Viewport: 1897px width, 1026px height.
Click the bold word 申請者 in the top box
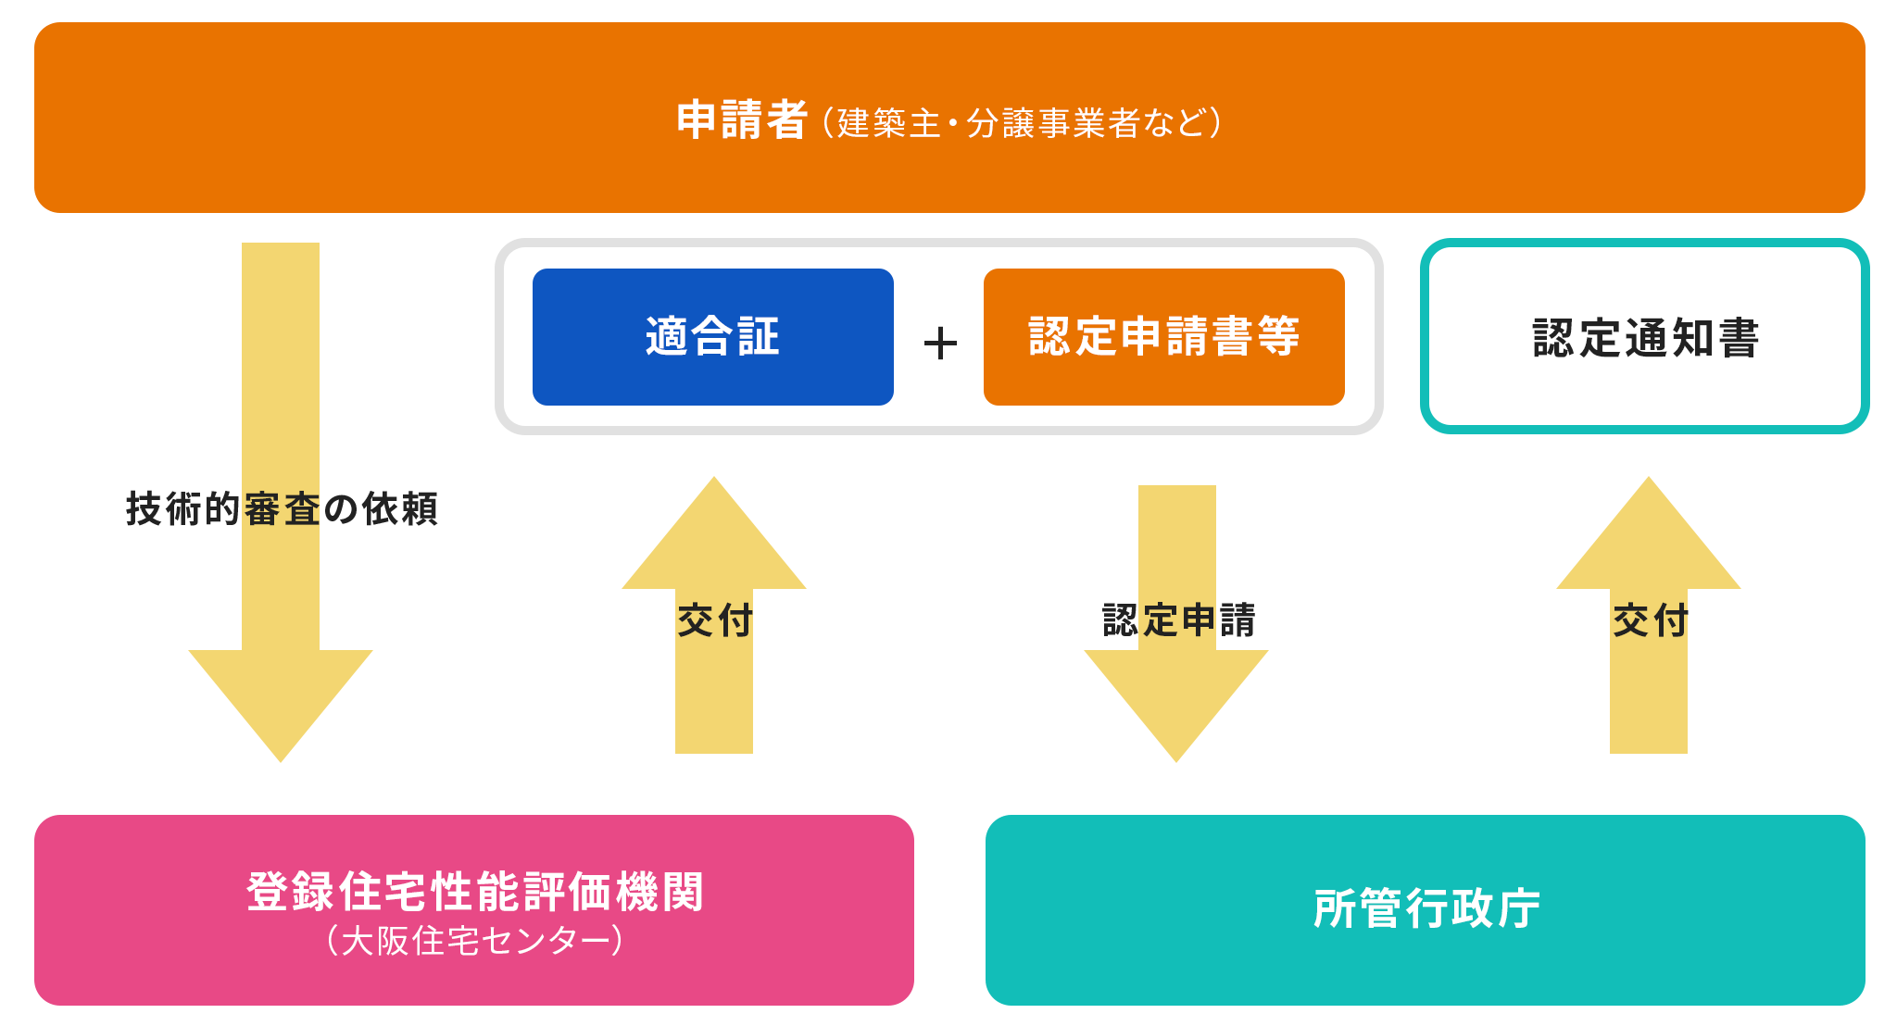pyautogui.click(x=741, y=120)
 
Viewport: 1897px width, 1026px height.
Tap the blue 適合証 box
pyautogui.click(x=712, y=336)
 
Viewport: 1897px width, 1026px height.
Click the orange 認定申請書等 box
pyautogui.click(x=1163, y=336)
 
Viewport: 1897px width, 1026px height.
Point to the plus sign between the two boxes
pyautogui.click(x=940, y=344)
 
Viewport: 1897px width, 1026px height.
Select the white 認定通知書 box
pyautogui.click(x=1645, y=337)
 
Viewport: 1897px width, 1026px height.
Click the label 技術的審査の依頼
pyautogui.click(x=282, y=509)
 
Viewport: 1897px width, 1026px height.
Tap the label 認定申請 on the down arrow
pyautogui.click(x=1178, y=620)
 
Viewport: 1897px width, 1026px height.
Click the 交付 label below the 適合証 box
pyautogui.click(x=714, y=620)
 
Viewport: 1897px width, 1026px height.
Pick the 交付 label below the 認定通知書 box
pyautogui.click(x=1650, y=620)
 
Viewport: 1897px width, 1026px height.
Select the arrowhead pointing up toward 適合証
pyautogui.click(x=714, y=537)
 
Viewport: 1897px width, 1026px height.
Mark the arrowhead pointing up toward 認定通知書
pyautogui.click(x=1649, y=537)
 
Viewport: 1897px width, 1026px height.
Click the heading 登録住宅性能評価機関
pyautogui.click(x=474, y=892)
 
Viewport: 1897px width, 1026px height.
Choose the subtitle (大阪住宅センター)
pyautogui.click(x=474, y=941)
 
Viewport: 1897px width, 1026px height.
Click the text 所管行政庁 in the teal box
pyautogui.click(x=1426, y=908)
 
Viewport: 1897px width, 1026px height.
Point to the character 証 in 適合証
pyautogui.click(x=759, y=336)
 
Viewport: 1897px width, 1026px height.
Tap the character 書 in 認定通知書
pyautogui.click(x=1738, y=338)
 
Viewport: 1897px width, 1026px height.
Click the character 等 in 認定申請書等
pyautogui.click(x=1278, y=336)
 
